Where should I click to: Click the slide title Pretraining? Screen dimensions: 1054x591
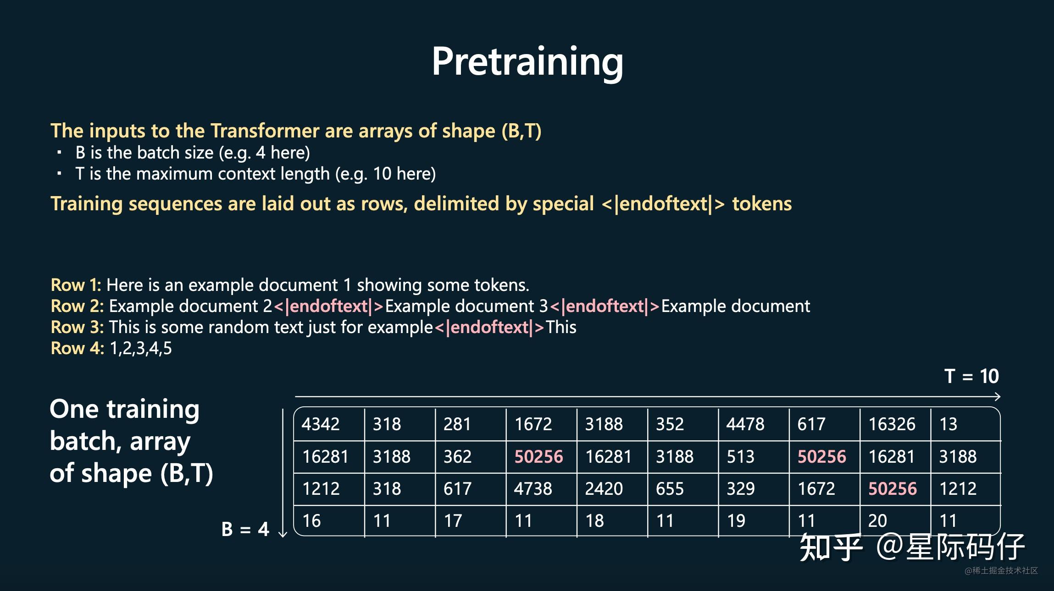(527, 62)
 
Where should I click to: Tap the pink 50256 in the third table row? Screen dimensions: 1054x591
(893, 489)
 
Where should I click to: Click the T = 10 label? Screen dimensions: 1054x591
(971, 376)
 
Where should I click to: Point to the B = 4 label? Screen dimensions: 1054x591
(245, 529)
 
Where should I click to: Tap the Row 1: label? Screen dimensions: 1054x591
(76, 285)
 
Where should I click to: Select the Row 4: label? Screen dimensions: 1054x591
(78, 348)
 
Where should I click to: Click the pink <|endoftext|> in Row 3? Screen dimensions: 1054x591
(489, 328)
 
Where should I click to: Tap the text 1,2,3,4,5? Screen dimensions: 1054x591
(141, 349)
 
